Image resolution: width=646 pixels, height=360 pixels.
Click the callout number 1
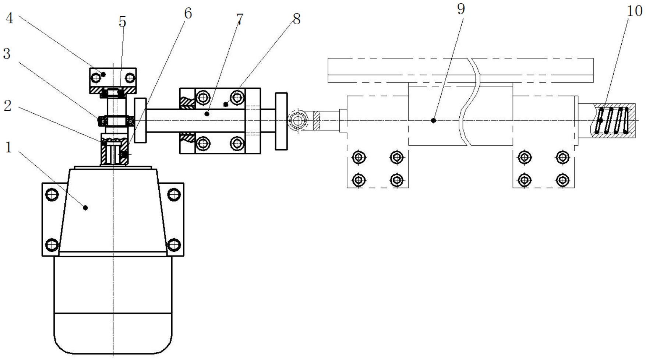pos(8,148)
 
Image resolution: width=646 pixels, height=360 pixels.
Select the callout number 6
pos(188,13)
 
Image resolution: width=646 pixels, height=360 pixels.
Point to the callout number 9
pos(461,8)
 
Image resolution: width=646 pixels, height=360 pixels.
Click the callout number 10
pos(634,11)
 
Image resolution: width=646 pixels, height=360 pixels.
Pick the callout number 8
pos(297,19)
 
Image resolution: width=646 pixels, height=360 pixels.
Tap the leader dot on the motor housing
pos(85,208)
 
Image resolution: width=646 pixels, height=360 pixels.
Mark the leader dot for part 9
pos(433,120)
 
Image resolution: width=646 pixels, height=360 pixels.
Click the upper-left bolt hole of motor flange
pos(52,194)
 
